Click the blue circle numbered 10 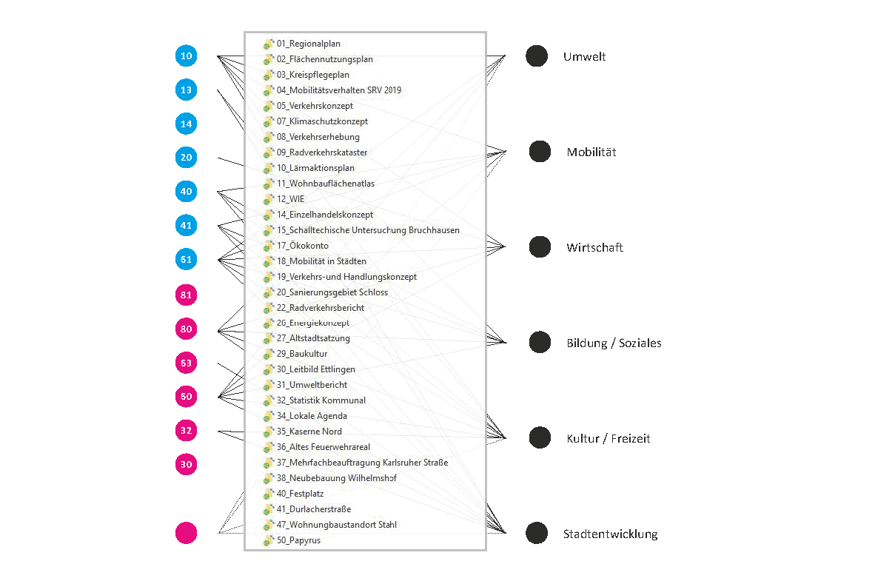coord(187,56)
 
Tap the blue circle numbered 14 coord(187,124)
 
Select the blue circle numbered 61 coord(187,259)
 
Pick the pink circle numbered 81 coord(187,295)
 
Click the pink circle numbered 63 coord(187,363)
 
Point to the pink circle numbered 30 coord(187,464)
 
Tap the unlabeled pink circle coord(187,533)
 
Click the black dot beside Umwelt coord(537,56)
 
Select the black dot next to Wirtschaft coord(540,247)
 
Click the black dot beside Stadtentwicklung coord(537,533)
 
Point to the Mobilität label coord(591,152)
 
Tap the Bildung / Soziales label coord(614,343)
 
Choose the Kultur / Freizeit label coord(609,438)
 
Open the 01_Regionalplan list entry coord(309,44)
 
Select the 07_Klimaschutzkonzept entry coord(322,121)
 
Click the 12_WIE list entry coord(290,199)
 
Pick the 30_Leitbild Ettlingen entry coord(315,369)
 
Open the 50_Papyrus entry coord(298,540)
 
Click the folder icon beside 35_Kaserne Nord coord(269,432)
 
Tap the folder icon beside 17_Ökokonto coord(269,246)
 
